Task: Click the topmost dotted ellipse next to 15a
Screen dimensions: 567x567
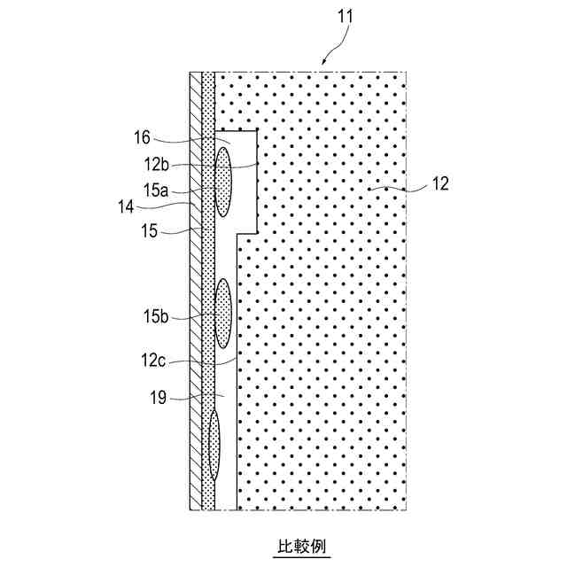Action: pyautogui.click(x=224, y=182)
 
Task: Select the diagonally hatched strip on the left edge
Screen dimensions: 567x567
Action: pyautogui.click(x=196, y=292)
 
